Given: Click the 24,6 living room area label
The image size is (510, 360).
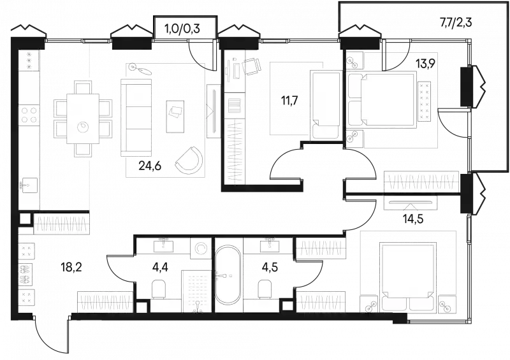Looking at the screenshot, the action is (x=150, y=166).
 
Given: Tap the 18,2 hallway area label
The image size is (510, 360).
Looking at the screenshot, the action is (x=71, y=268).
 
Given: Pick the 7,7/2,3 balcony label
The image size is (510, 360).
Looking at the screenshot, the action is (x=456, y=22).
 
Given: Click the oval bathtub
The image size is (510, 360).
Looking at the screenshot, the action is (x=228, y=275).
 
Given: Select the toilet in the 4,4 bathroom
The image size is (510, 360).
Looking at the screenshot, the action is (x=159, y=289).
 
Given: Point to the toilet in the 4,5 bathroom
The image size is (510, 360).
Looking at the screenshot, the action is (x=265, y=289).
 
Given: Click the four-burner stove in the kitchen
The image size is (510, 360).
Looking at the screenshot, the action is (x=29, y=115).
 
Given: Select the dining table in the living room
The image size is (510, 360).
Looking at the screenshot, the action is (x=83, y=119).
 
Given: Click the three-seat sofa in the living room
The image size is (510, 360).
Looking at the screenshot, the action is (x=136, y=117).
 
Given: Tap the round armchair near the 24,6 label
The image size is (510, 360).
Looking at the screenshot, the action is (x=189, y=160).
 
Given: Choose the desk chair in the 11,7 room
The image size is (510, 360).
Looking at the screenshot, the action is (x=252, y=67).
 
